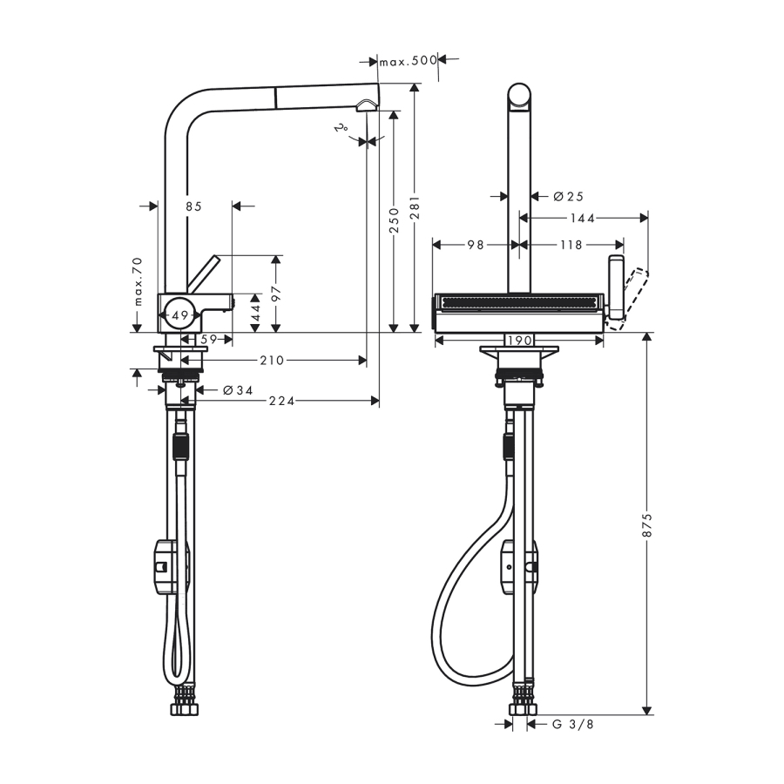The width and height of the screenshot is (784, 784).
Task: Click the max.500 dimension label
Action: coord(408,61)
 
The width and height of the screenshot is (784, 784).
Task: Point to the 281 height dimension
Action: coord(415,207)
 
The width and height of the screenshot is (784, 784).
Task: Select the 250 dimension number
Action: coord(394,220)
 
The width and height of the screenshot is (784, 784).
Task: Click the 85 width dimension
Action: coord(193,206)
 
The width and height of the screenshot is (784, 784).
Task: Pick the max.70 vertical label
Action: coord(138,281)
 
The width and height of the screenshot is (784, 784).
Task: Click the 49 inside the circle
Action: coord(180,315)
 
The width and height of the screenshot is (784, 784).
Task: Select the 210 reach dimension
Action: coord(272,360)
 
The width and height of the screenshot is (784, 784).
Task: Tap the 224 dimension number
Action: coord(282,401)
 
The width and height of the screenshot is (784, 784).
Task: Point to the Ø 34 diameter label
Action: coord(238,390)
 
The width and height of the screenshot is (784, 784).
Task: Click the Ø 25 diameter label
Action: coord(569,197)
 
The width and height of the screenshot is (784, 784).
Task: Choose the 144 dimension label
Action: coord(583,218)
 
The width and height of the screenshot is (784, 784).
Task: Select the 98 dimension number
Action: coord(476,245)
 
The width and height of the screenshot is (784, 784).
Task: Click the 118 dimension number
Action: coord(571,245)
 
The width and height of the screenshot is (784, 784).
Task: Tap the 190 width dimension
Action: coord(519,341)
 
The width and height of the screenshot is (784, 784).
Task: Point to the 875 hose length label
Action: coord(647,524)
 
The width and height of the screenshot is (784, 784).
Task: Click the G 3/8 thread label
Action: coord(573,724)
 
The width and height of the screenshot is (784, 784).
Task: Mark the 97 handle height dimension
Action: coord(276,294)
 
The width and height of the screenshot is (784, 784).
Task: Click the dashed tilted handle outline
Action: coord(628,300)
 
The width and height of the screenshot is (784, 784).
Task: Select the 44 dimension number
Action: coord(255,313)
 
